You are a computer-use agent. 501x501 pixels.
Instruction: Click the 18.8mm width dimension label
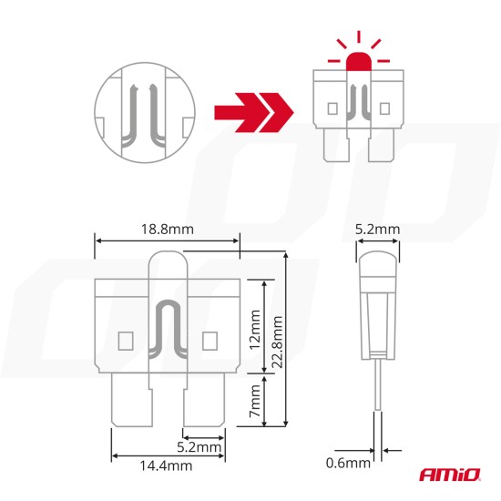pos(169,228)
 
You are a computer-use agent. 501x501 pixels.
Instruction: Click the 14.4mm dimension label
pos(167,465)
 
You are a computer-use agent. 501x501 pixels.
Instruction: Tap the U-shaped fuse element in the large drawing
pos(167,337)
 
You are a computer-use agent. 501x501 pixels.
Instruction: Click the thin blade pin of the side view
pos(377,401)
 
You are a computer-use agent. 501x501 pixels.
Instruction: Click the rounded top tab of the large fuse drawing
pos(167,269)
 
